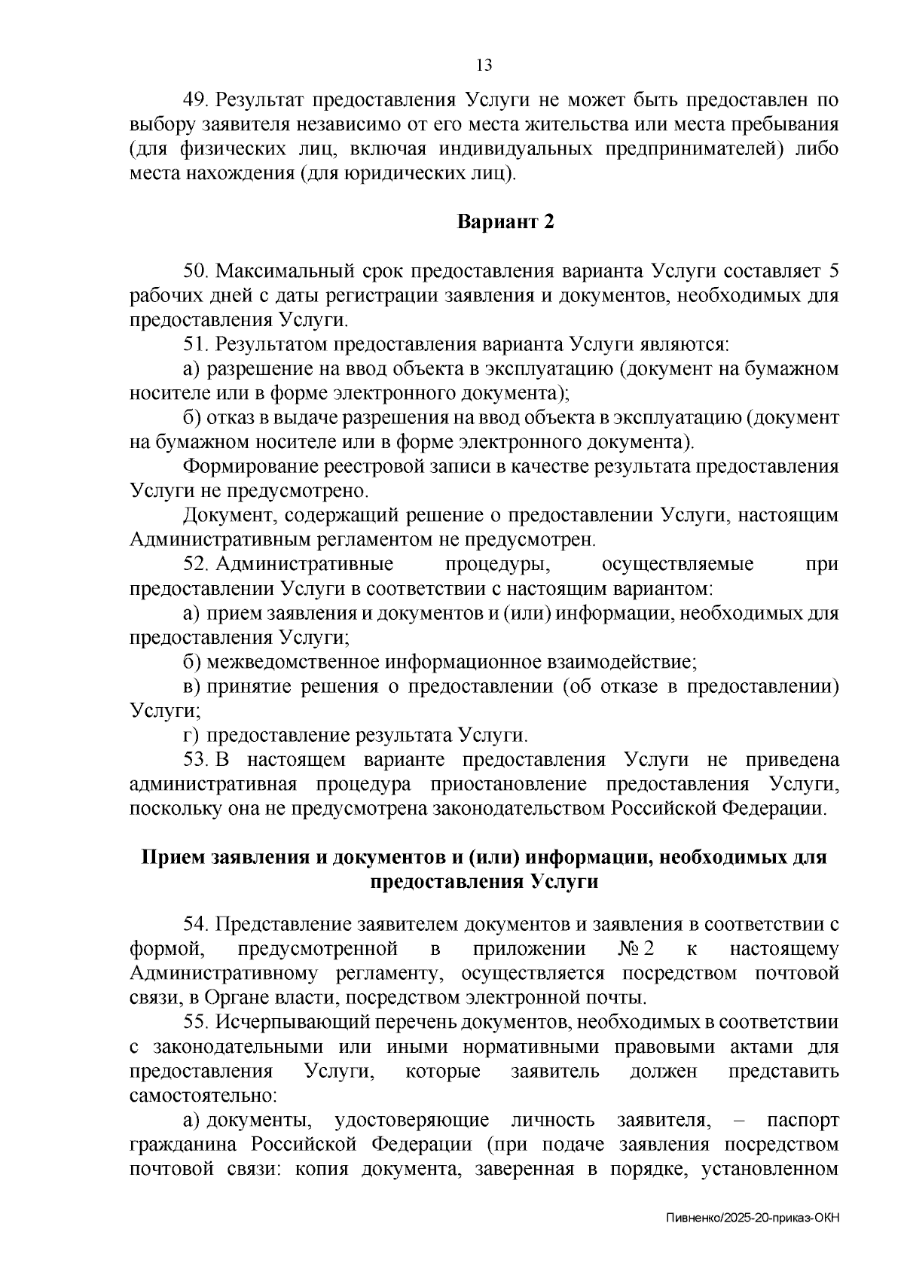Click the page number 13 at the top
(484, 65)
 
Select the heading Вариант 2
(505, 222)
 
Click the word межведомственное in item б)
(293, 663)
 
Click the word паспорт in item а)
(802, 1121)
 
